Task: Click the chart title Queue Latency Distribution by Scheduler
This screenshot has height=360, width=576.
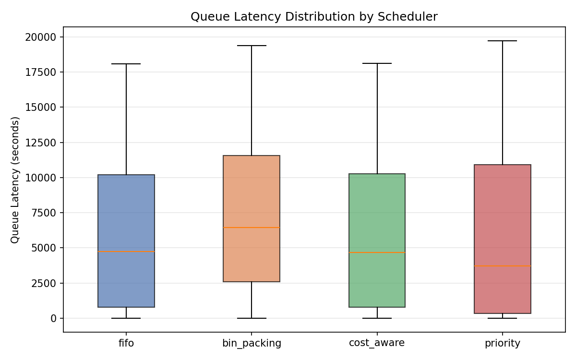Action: pyautogui.click(x=314, y=17)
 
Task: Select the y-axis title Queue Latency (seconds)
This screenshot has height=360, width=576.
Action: pyautogui.click(x=15, y=180)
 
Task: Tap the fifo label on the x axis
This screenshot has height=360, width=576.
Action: pyautogui.click(x=126, y=343)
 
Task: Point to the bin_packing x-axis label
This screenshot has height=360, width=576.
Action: pyautogui.click(x=252, y=343)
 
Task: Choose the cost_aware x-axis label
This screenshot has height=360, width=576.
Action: pyautogui.click(x=377, y=343)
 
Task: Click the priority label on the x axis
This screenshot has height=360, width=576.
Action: pyautogui.click(x=503, y=343)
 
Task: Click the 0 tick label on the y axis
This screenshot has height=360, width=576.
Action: pyautogui.click(x=53, y=318)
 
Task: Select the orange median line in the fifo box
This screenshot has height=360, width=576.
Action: pyautogui.click(x=126, y=252)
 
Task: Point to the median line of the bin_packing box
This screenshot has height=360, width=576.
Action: pyautogui.click(x=252, y=228)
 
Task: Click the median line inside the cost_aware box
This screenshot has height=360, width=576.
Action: pyautogui.click(x=377, y=252)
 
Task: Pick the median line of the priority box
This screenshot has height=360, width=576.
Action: pyautogui.click(x=503, y=266)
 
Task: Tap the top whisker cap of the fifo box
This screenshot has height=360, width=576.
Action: pyautogui.click(x=126, y=64)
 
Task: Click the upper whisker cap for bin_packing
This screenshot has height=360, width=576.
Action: pyautogui.click(x=252, y=46)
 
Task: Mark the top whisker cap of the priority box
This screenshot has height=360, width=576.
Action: pyautogui.click(x=503, y=41)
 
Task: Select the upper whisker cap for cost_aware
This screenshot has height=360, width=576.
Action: pyautogui.click(x=377, y=63)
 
